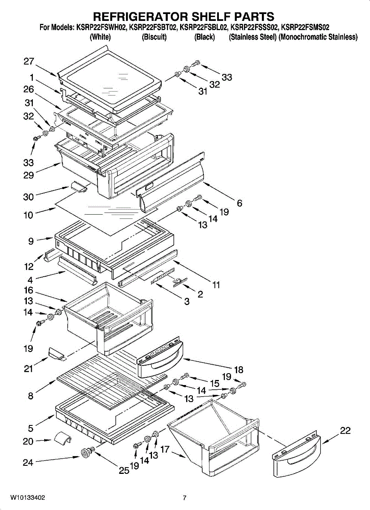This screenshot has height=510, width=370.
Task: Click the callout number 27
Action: click(x=29, y=62)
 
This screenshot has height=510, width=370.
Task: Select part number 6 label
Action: click(x=240, y=203)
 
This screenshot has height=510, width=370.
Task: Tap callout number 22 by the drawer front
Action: click(x=345, y=431)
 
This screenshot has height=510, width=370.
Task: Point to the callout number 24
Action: click(x=28, y=462)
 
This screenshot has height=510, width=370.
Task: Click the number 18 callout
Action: click(x=238, y=370)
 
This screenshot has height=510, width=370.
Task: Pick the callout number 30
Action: click(x=29, y=197)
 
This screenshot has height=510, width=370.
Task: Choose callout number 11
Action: click(x=216, y=285)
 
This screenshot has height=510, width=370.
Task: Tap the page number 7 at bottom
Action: click(x=184, y=498)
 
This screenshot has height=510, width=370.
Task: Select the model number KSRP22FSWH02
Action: click(x=102, y=28)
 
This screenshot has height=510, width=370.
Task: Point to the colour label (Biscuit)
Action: click(x=154, y=37)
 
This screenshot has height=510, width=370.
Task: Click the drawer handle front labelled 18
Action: click(x=160, y=363)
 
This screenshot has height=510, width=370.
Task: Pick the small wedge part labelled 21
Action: click(x=56, y=353)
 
